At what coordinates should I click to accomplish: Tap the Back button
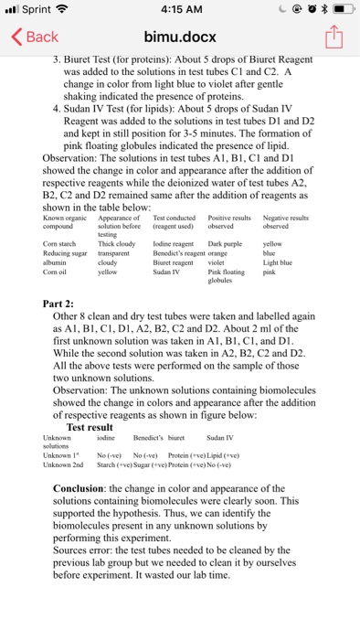point(34,37)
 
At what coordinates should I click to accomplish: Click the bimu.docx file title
point(178,37)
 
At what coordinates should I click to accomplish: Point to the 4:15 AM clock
point(179,11)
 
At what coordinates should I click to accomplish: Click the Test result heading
point(90,427)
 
